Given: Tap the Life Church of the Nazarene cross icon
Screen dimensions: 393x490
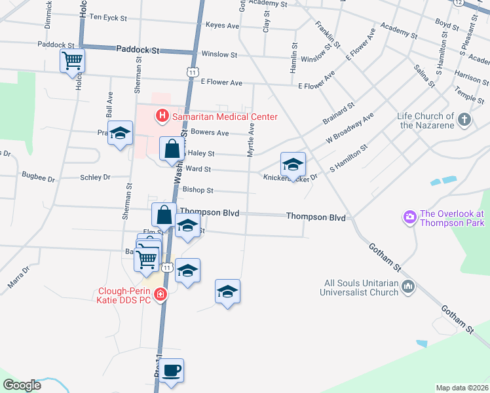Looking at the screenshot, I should [464, 119].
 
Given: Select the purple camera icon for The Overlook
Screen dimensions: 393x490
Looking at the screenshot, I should [410, 216].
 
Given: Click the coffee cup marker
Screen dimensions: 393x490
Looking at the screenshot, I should [172, 371].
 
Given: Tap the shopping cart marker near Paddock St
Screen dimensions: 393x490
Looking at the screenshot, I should [72, 62].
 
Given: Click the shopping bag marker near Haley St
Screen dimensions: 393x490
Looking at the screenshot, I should [172, 149].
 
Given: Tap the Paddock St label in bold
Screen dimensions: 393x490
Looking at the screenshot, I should [138, 49].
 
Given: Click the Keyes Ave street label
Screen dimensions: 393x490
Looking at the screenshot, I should [222, 26].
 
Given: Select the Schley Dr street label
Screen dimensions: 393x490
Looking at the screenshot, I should [95, 177].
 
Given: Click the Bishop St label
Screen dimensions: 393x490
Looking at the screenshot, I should [198, 190].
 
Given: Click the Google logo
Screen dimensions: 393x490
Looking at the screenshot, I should [22, 385].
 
